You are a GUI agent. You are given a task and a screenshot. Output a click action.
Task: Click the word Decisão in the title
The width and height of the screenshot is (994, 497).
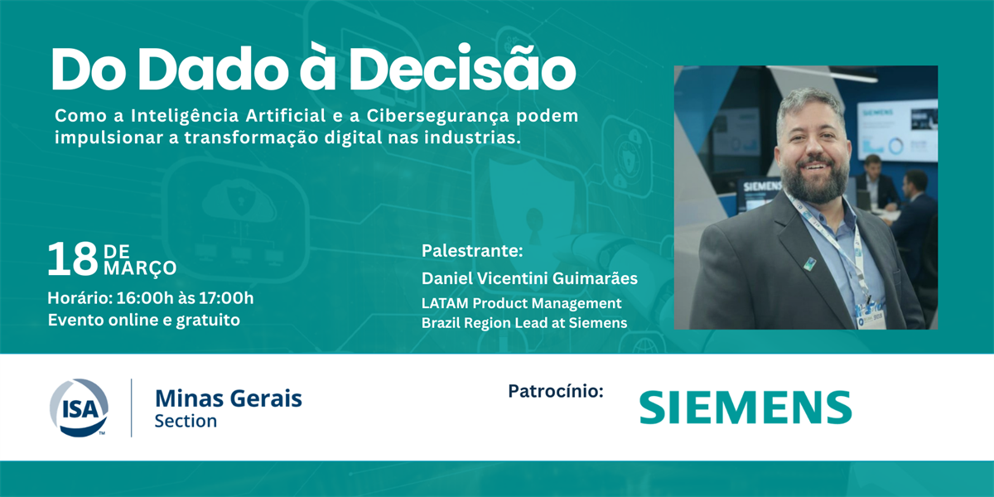(465, 67)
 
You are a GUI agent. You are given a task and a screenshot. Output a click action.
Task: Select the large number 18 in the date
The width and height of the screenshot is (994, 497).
(73, 259)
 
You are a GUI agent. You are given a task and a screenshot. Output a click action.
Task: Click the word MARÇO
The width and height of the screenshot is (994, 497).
(140, 268)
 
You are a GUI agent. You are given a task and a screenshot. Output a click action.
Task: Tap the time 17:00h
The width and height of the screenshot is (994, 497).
(226, 298)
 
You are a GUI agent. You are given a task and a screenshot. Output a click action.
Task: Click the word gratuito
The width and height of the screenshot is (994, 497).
(208, 321)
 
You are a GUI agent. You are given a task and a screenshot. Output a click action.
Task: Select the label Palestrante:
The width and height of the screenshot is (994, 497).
(472, 251)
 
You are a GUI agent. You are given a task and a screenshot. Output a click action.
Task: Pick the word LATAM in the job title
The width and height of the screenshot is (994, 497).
(445, 303)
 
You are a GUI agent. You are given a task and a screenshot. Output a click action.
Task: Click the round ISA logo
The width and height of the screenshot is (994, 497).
(79, 408)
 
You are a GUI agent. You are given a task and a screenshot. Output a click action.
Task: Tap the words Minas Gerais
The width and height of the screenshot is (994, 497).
(229, 398)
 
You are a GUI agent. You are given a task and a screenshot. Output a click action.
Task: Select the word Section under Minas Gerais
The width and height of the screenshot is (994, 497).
(186, 421)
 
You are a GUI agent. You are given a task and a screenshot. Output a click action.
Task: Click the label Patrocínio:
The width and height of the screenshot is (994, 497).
(556, 391)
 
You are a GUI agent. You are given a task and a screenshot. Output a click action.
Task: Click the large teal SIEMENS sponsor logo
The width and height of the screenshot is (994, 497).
(745, 408)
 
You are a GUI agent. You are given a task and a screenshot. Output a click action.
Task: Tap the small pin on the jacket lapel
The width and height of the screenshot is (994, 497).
(810, 263)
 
